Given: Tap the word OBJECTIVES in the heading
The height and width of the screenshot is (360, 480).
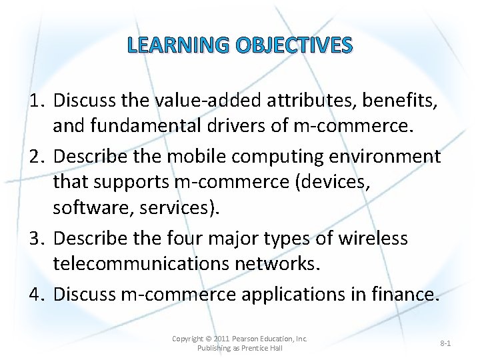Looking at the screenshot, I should tap(292, 45).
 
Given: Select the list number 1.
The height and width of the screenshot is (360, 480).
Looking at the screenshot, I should tap(39, 101).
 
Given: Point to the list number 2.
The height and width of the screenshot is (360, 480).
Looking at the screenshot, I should tap(39, 157).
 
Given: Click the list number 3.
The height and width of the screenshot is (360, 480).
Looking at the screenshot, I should tap(39, 239).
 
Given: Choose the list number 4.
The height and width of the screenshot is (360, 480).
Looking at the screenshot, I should tap(39, 294).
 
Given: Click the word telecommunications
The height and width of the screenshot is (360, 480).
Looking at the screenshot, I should tap(141, 263).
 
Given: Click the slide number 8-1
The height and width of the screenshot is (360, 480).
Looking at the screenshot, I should tap(445, 343).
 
